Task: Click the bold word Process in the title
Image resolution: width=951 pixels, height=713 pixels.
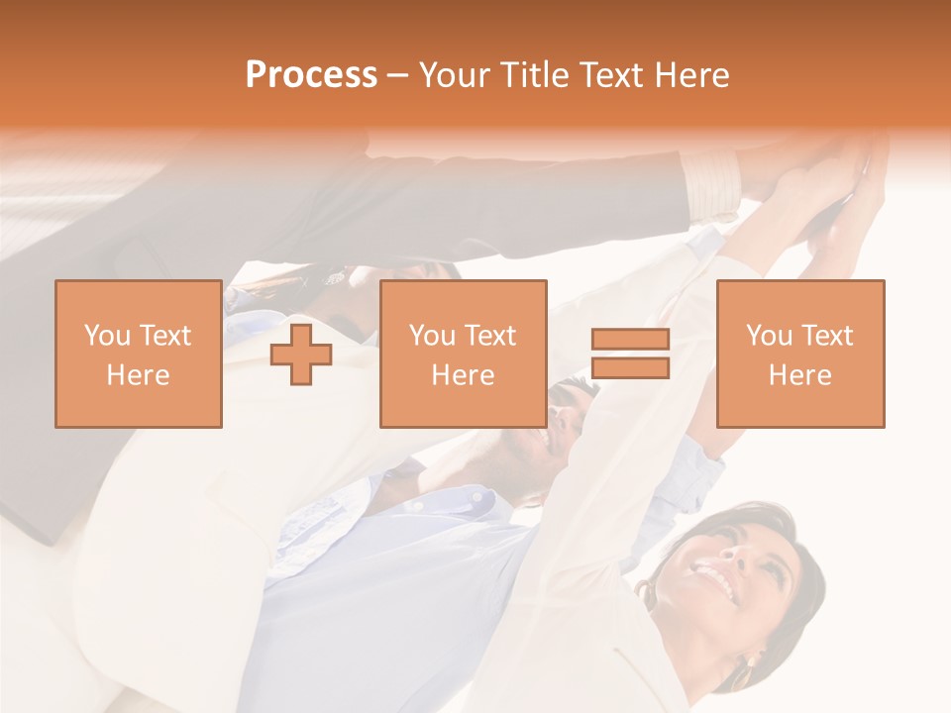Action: coord(311,75)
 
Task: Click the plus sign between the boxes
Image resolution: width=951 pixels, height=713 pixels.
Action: coord(301,354)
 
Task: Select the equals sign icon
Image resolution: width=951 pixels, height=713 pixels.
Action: coord(630,354)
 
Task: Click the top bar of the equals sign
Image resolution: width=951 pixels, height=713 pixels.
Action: coord(630,340)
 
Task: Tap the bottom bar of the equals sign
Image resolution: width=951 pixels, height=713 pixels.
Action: coord(630,367)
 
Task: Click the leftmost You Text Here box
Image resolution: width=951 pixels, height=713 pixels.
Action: coord(138,354)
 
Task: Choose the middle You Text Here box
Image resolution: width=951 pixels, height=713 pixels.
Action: coord(463,354)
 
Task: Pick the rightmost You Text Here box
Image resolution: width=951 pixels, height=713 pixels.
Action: coord(799,354)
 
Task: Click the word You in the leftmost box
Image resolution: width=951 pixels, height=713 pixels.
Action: coord(106,336)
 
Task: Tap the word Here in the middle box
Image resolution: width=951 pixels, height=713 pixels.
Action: coord(463,374)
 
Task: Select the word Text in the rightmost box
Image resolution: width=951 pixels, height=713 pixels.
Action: coord(826,336)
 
